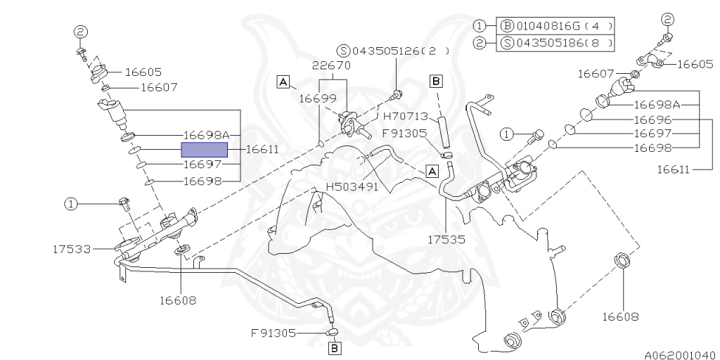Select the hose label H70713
405,116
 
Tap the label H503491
352,188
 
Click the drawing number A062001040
680,355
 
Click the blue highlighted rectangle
205,149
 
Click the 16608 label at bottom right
619,316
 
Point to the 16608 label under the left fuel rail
177,300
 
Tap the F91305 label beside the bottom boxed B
274,333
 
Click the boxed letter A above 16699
283,82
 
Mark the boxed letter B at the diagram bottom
335,347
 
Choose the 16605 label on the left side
143,72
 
